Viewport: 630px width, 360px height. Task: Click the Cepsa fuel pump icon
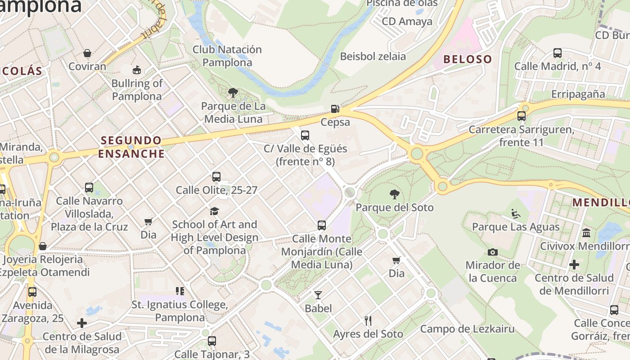pyautogui.click(x=335, y=109)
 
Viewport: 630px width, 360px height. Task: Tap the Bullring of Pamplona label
pyautogui.click(x=137, y=90)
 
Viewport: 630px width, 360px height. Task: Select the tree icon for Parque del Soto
pyautogui.click(x=395, y=194)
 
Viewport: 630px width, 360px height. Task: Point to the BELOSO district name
pyautogui.click(x=468, y=59)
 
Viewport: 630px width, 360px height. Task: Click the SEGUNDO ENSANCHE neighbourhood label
pyautogui.click(x=131, y=147)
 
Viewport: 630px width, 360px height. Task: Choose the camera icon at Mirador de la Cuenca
pyautogui.click(x=493, y=252)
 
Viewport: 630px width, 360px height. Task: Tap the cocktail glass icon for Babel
pyautogui.click(x=318, y=295)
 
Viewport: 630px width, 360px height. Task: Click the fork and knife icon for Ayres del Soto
pyautogui.click(x=368, y=321)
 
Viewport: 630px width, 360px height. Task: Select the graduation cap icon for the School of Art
pyautogui.click(x=214, y=211)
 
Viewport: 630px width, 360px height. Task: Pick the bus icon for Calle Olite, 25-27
pyautogui.click(x=216, y=177)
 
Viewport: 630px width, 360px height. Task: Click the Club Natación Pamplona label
pyautogui.click(x=227, y=56)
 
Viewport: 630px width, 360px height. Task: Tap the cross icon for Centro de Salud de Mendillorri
pyautogui.click(x=574, y=265)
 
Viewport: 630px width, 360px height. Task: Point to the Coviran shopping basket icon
pyautogui.click(x=87, y=53)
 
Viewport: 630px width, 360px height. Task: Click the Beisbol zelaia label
pyautogui.click(x=373, y=56)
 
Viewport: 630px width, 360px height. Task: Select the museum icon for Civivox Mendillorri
pyautogui.click(x=586, y=233)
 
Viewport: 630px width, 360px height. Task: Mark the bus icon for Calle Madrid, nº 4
pyautogui.click(x=558, y=53)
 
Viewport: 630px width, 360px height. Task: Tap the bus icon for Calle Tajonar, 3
pyautogui.click(x=212, y=341)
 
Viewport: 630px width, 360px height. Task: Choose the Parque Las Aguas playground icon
pyautogui.click(x=516, y=213)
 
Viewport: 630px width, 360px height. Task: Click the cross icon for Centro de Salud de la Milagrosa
pyautogui.click(x=82, y=323)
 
